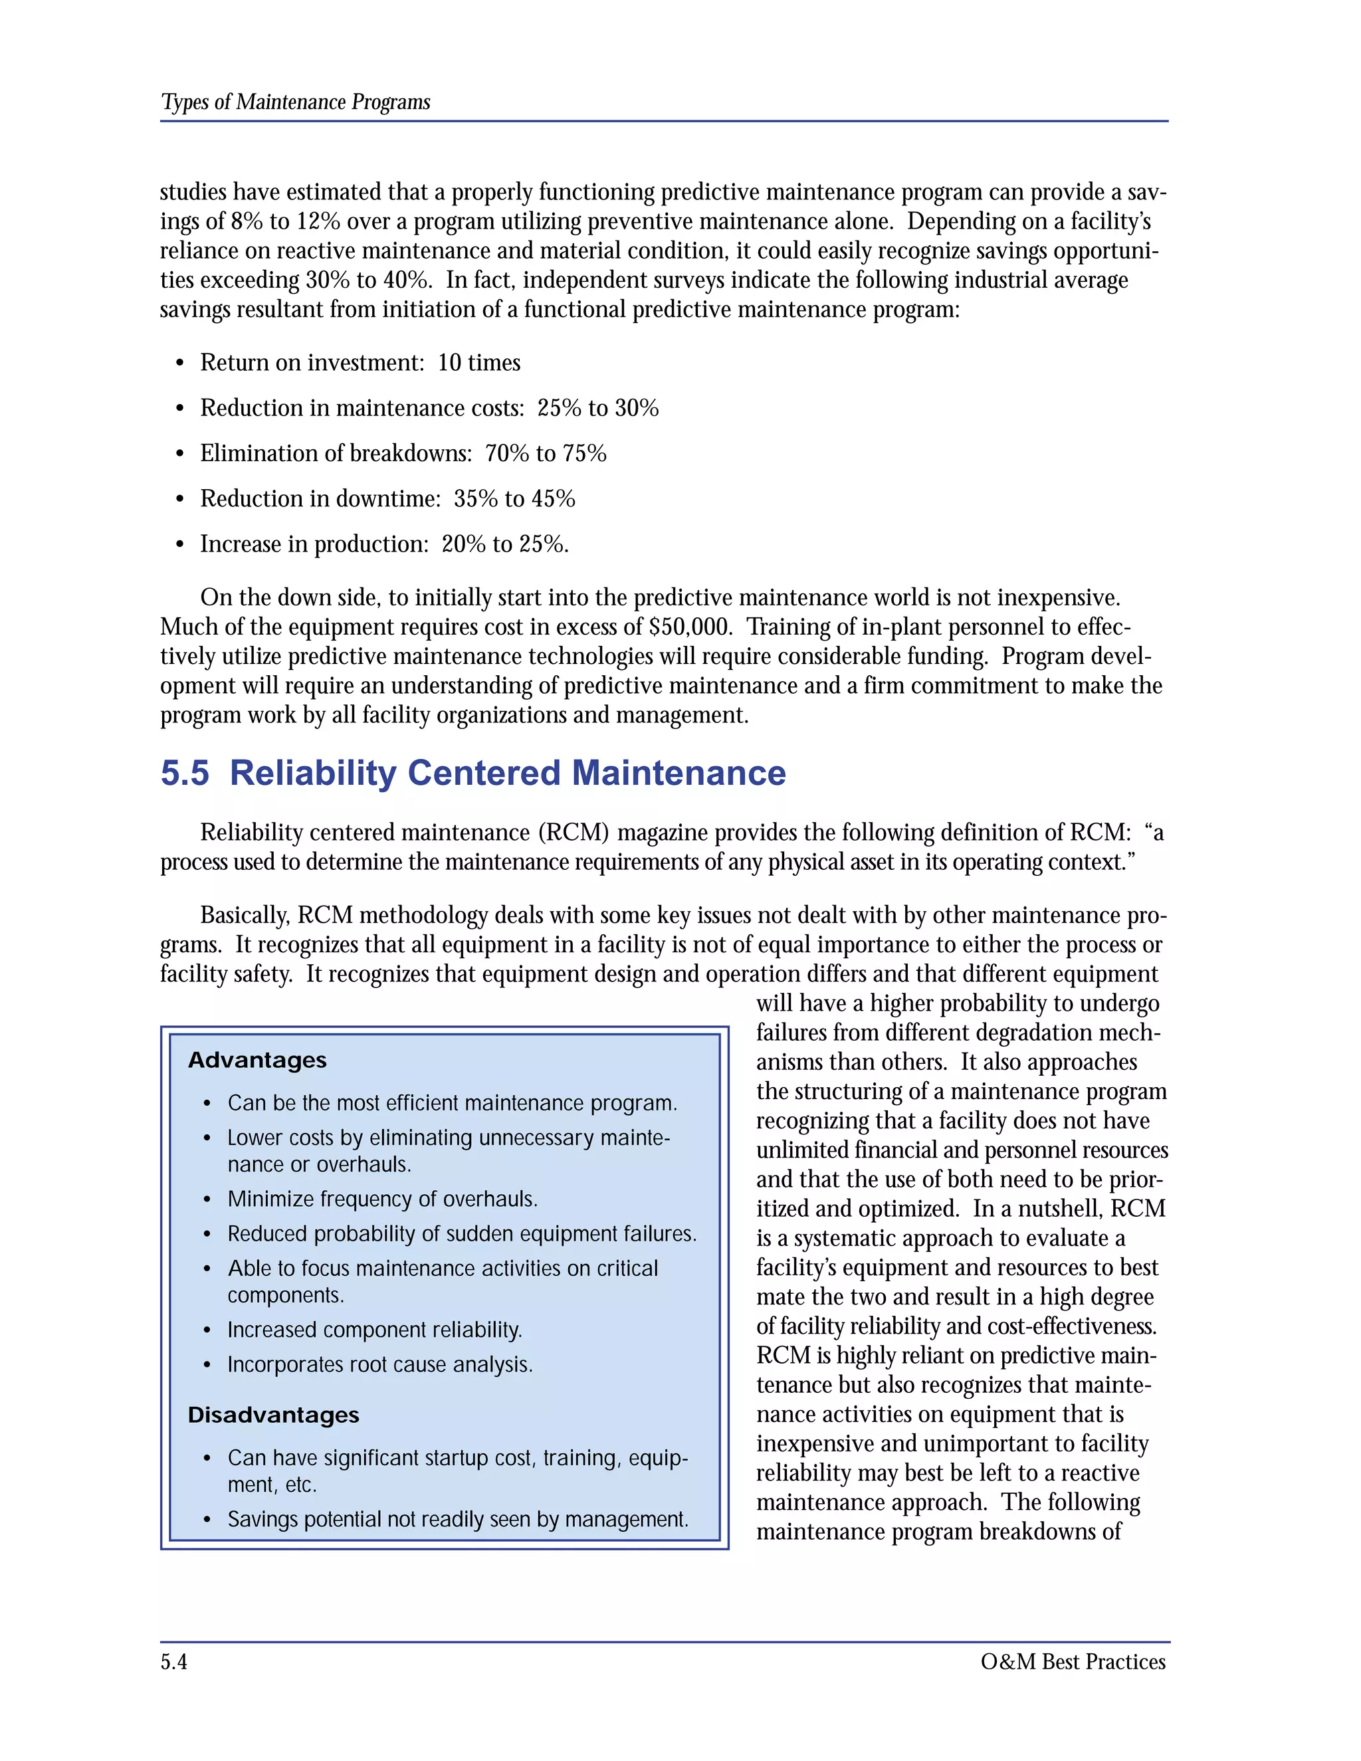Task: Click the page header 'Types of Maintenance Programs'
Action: click(x=295, y=102)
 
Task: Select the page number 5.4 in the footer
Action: click(x=173, y=1662)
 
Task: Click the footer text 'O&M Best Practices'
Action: click(x=1073, y=1662)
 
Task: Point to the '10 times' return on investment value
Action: click(x=479, y=363)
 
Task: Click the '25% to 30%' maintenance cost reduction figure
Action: click(x=597, y=408)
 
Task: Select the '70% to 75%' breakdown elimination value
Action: click(x=545, y=453)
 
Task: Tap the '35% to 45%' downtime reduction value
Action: click(x=514, y=498)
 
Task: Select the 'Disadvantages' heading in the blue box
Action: click(x=273, y=1415)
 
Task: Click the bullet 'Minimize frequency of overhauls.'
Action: click(x=382, y=1199)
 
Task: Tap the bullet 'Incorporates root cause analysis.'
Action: click(x=379, y=1364)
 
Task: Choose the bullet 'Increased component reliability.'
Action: click(x=375, y=1330)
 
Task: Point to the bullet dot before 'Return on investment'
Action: click(x=180, y=363)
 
